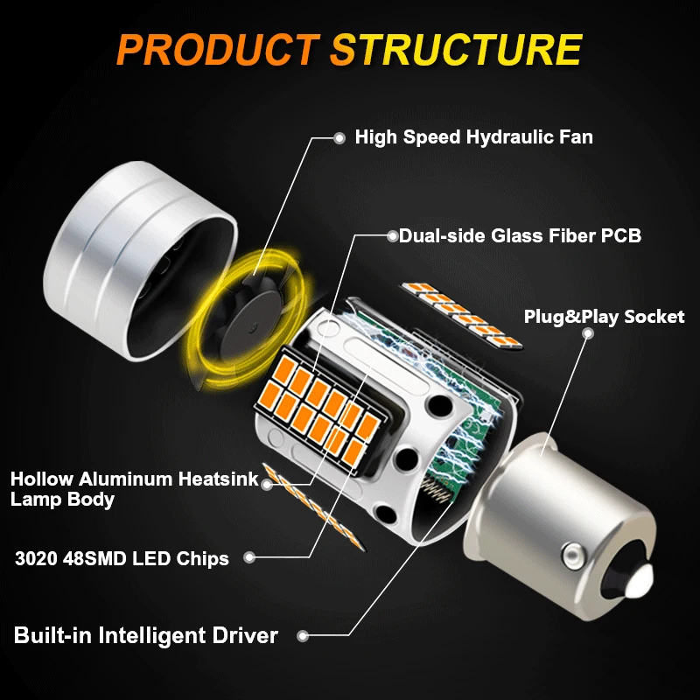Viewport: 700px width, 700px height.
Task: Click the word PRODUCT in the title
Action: [x=218, y=49]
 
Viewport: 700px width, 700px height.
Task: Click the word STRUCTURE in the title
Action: [x=456, y=49]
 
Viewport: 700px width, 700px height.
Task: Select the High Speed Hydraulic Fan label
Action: [x=473, y=137]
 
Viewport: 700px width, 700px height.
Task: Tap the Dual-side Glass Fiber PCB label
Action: [x=520, y=235]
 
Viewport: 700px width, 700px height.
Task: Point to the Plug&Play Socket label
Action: [x=604, y=317]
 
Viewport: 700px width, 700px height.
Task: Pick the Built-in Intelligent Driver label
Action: [x=146, y=635]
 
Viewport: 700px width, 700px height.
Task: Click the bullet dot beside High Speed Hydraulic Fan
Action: [x=339, y=137]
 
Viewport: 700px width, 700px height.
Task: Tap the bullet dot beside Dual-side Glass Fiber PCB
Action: [x=390, y=234]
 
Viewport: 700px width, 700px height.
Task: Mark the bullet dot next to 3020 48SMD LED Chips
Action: [x=249, y=556]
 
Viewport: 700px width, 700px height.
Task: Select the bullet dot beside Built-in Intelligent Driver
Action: [x=303, y=636]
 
